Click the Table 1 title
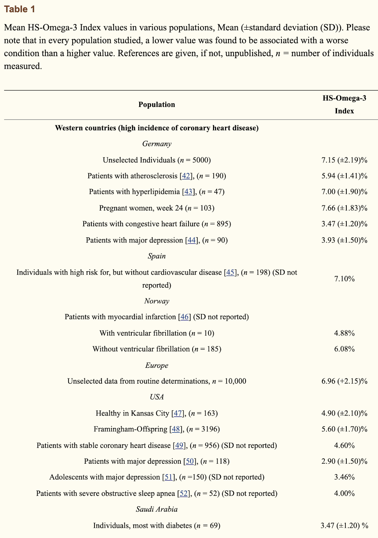coord(19,9)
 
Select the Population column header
coord(157,105)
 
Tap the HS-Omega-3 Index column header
coord(344,105)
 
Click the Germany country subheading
coord(157,144)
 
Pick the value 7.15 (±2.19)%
coord(344,160)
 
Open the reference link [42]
coord(186,176)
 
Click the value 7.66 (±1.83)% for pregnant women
coord(344,208)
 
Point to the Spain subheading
coord(157,256)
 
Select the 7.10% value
coord(344,279)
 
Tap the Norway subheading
coord(157,301)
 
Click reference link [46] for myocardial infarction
coord(184,317)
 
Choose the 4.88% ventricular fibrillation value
coord(344,333)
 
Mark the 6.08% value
coord(344,349)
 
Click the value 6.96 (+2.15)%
coord(344,381)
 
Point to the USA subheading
coord(157,397)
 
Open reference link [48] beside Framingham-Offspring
coord(176,429)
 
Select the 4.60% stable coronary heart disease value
coord(344,446)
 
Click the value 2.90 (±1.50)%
coord(344,461)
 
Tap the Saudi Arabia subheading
coord(157,509)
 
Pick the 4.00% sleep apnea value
coord(344,493)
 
